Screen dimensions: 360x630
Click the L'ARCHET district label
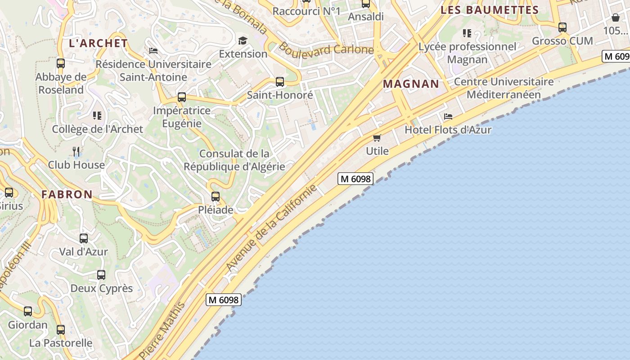click(98, 43)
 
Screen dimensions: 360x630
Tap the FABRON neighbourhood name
click(67, 194)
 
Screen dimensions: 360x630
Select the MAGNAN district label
click(411, 84)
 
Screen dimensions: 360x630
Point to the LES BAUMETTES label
click(490, 10)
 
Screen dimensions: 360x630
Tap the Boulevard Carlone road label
click(326, 49)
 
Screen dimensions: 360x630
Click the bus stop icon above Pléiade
click(216, 197)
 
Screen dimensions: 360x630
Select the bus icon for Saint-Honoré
click(280, 82)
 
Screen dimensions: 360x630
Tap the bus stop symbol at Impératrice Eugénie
click(182, 97)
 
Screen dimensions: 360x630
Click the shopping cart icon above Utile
click(377, 138)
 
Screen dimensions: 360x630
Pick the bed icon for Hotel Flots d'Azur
click(448, 117)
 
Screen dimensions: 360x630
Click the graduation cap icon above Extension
click(243, 41)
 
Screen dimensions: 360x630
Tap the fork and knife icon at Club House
click(76, 152)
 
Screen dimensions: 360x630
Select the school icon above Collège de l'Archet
click(97, 116)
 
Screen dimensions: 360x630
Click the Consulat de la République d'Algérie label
click(234, 160)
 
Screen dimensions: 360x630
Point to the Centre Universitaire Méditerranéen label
click(504, 88)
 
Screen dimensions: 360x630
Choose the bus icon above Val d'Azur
click(84, 238)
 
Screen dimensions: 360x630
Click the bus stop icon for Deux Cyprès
click(101, 275)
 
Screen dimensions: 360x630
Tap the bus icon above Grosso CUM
click(562, 27)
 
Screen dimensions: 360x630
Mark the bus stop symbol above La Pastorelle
click(61, 330)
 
